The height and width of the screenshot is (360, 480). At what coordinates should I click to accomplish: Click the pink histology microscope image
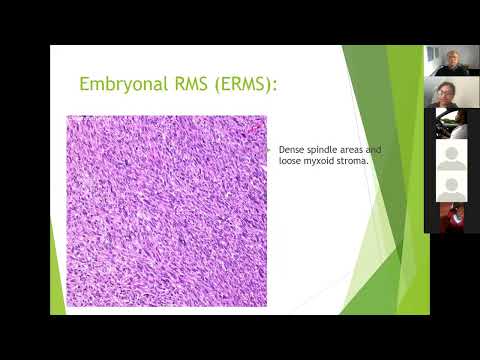(167, 210)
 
